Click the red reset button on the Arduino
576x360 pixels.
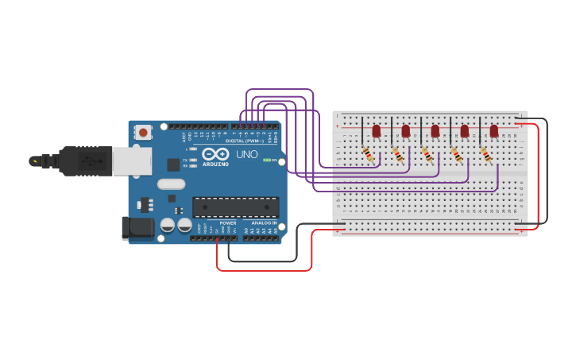click(x=143, y=133)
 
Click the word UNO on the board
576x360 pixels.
click(x=246, y=153)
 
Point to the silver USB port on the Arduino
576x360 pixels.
click(x=131, y=161)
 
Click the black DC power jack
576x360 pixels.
click(x=137, y=227)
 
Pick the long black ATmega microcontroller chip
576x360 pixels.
click(x=235, y=207)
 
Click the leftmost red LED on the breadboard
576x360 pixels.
click(x=377, y=130)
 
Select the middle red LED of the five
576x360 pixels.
click(x=435, y=130)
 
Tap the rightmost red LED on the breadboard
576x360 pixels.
click(x=493, y=130)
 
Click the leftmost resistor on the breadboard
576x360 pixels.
click(x=369, y=154)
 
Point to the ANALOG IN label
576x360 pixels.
click(x=264, y=223)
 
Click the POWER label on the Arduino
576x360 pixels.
click(x=228, y=223)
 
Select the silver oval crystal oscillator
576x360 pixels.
click(x=171, y=184)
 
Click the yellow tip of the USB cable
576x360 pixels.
click(x=34, y=161)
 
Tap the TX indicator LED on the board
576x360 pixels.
click(x=191, y=160)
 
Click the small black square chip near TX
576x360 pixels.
click(x=173, y=165)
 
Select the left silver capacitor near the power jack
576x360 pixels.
click(x=168, y=226)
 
